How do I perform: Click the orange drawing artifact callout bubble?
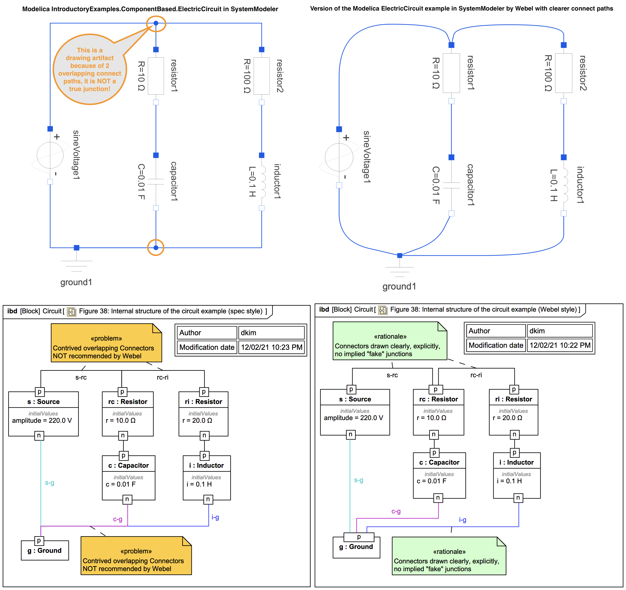coord(90,69)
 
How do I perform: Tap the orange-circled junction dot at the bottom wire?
coord(156,248)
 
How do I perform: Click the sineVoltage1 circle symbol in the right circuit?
coord(339,157)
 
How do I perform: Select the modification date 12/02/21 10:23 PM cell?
coord(271,347)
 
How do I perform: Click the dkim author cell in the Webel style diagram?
coord(560,331)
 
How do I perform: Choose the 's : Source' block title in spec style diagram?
coord(44,402)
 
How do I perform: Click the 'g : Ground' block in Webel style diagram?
coord(356,547)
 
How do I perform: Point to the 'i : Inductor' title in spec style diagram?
coord(207,466)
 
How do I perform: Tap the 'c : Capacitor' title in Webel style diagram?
coord(439,462)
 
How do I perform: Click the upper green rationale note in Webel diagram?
coord(390,341)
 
